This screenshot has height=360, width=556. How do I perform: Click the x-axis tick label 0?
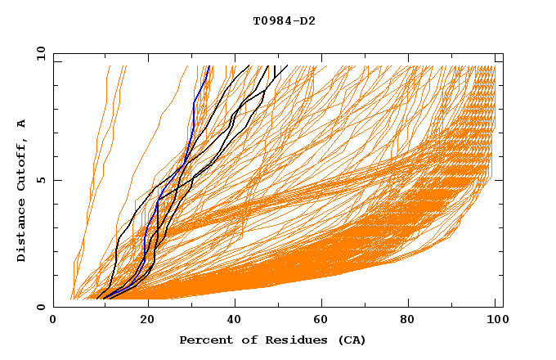tap(53, 321)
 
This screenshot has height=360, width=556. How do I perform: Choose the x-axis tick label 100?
tap(495, 321)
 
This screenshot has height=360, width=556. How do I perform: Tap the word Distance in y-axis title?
tap(21, 232)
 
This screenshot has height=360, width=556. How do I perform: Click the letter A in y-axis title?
tap(21, 124)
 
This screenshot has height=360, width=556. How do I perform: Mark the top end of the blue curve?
tap(209, 66)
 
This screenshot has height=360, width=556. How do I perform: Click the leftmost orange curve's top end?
tap(108, 66)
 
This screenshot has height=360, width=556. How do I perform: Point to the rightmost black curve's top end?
tap(287, 66)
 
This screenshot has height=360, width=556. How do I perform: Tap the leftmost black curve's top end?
tap(249, 66)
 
